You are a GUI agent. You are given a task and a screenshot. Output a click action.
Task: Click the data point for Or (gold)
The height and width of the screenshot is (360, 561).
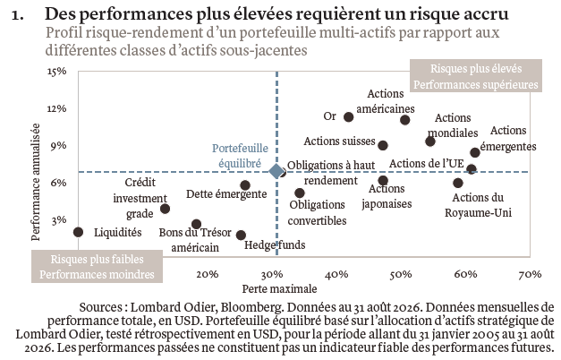pyautogui.click(x=348, y=116)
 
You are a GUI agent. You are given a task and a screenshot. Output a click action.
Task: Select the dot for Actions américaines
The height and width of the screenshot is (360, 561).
pyautogui.click(x=404, y=120)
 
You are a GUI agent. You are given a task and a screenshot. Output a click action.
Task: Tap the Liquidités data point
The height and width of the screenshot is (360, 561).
pyautogui.click(x=78, y=232)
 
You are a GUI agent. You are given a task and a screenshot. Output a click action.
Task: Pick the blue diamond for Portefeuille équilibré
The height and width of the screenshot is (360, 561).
pyautogui.click(x=276, y=172)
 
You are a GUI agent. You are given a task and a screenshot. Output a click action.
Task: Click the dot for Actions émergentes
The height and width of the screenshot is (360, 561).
pyautogui.click(x=475, y=152)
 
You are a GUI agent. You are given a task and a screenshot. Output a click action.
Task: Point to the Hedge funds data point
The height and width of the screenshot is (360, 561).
pyautogui.click(x=241, y=236)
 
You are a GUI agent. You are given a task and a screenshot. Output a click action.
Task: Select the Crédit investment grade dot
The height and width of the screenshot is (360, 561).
pyautogui.click(x=165, y=209)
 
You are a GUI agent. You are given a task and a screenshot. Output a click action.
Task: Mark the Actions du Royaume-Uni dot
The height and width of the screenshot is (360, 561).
pyautogui.click(x=457, y=183)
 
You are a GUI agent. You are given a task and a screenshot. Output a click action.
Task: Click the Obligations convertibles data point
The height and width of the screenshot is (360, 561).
pyautogui.click(x=300, y=193)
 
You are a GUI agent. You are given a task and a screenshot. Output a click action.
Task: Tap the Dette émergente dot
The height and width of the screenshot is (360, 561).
pyautogui.click(x=245, y=185)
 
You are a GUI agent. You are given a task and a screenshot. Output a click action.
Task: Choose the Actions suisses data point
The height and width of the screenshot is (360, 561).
pyautogui.click(x=383, y=145)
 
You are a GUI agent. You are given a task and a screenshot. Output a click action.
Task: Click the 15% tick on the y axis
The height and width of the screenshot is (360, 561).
pyautogui.click(x=57, y=72)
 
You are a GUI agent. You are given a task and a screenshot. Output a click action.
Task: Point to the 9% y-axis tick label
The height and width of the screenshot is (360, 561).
pyautogui.click(x=59, y=146)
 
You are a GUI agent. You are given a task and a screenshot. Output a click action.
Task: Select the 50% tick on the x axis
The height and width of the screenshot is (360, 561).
pyautogui.click(x=401, y=274)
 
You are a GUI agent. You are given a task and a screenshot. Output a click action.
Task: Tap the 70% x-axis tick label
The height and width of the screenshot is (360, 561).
pyautogui.click(x=530, y=274)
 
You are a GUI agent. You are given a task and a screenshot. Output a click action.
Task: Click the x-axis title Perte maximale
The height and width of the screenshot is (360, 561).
pyautogui.click(x=279, y=288)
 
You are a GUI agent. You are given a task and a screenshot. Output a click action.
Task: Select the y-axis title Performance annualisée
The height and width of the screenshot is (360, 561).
pyautogui.click(x=36, y=182)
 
